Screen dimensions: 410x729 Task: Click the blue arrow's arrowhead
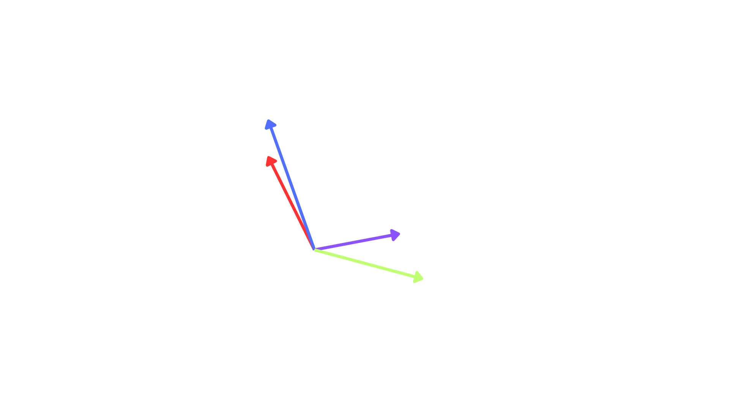tap(270, 124)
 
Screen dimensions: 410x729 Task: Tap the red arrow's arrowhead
tap(271, 161)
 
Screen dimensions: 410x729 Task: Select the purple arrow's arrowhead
tap(395, 235)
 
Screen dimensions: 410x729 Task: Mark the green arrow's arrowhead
tap(418, 278)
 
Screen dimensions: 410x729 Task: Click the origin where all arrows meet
tap(314, 249)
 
